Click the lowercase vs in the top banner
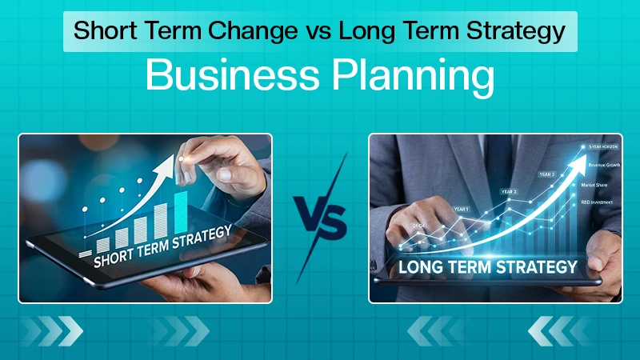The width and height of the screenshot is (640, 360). click(x=317, y=33)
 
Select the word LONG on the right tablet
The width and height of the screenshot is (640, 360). click(x=420, y=266)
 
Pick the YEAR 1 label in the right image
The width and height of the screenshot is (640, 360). click(x=462, y=209)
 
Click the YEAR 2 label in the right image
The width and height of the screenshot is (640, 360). click(x=509, y=191)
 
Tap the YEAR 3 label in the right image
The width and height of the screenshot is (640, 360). click(x=547, y=174)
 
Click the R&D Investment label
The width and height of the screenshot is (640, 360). click(x=599, y=202)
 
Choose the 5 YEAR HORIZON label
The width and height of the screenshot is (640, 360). click(x=601, y=146)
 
